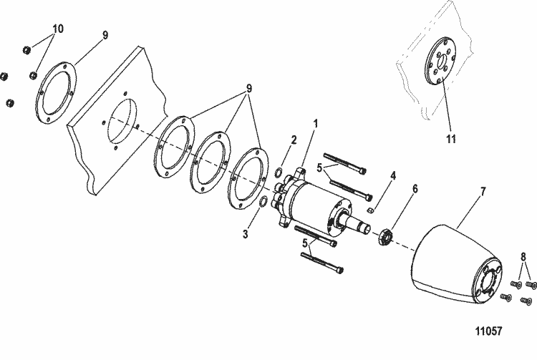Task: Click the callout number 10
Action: [58, 29]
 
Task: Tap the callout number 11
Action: [451, 139]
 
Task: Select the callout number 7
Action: [483, 192]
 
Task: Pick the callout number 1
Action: [316, 124]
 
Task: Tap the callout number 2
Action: [294, 140]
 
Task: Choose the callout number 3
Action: [245, 235]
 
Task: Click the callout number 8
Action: [523, 256]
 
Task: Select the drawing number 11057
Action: [489, 331]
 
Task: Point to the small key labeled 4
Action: [369, 210]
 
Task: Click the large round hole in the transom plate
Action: [122, 121]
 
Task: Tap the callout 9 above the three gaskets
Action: [249, 88]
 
